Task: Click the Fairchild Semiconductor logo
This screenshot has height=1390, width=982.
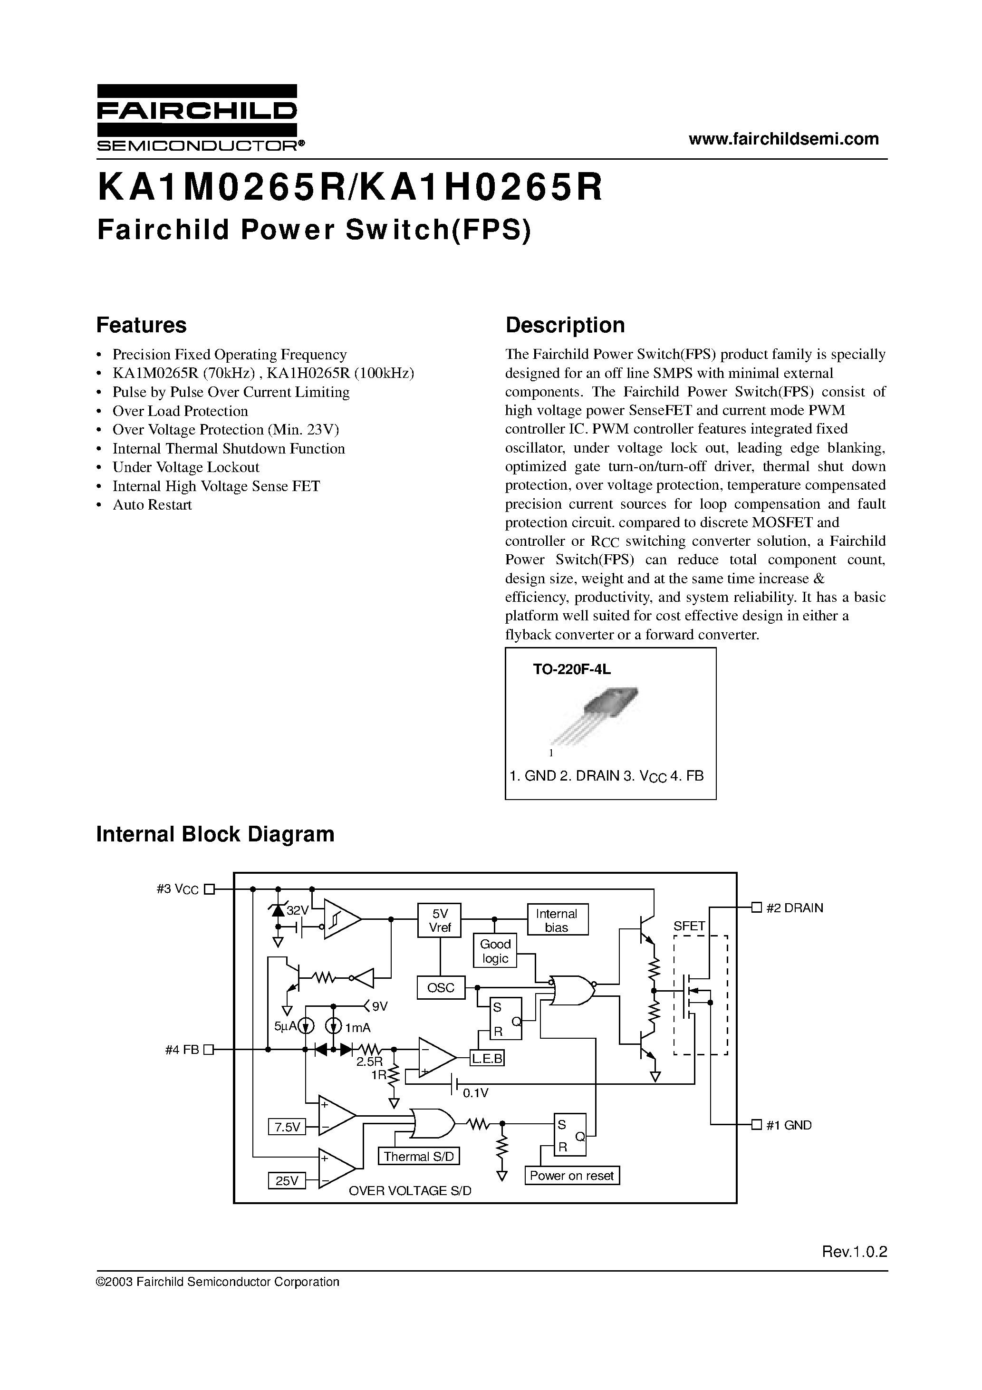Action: coord(197,117)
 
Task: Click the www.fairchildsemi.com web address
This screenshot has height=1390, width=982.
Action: coord(783,139)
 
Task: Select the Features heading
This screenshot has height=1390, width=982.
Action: coord(141,325)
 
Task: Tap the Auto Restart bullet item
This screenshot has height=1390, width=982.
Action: coord(152,505)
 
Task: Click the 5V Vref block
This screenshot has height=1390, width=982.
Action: coord(440,921)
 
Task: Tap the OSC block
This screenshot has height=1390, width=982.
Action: coord(440,988)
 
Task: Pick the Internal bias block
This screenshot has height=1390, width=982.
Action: coord(557,921)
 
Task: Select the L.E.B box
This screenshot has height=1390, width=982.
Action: coord(487,1059)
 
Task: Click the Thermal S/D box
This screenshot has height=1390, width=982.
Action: coord(418,1157)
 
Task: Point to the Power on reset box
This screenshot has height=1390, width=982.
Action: coord(571,1176)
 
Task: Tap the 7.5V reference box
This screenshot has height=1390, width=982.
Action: coord(287,1127)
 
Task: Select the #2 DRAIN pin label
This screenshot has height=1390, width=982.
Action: coord(794,908)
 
